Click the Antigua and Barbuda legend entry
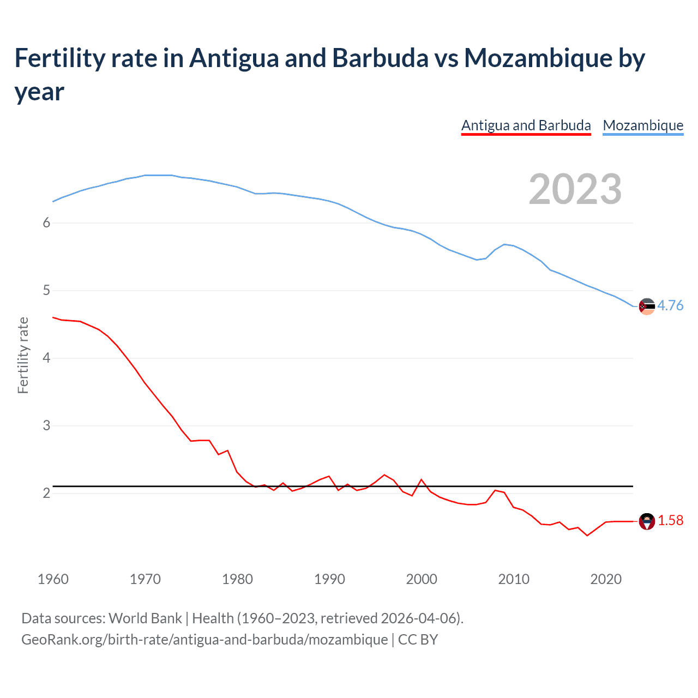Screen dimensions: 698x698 point(526,125)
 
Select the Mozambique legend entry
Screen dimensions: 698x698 point(643,125)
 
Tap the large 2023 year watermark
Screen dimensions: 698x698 point(575,189)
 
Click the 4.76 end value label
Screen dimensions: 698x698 point(670,305)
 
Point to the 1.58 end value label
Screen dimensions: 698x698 point(670,520)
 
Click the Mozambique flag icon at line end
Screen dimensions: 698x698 point(647,306)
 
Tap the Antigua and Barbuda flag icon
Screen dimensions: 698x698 point(647,521)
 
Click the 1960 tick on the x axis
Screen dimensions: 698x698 point(53,579)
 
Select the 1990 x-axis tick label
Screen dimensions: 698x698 point(329,579)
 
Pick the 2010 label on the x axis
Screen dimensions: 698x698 point(514,579)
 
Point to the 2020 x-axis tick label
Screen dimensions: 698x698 point(606,579)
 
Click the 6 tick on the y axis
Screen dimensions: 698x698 point(46,222)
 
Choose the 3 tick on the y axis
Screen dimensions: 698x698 point(46,425)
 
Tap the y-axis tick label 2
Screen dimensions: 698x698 point(46,493)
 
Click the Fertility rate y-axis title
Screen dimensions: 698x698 point(23,355)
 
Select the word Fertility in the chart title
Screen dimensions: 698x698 point(59,58)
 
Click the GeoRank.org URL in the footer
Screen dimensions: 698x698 point(204,639)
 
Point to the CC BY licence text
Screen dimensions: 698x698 point(418,639)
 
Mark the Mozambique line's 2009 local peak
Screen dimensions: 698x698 point(505,244)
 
